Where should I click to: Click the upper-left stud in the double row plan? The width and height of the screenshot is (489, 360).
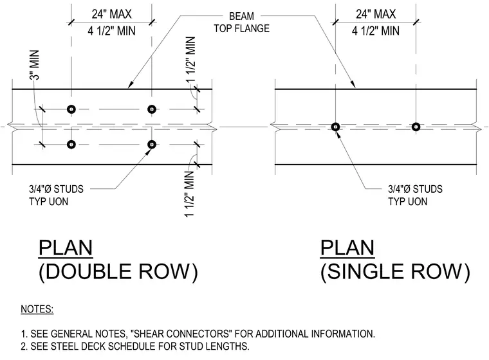(x=71, y=109)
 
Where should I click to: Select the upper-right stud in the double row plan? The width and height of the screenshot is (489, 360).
(x=152, y=109)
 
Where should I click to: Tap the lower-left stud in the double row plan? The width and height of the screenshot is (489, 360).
(x=71, y=145)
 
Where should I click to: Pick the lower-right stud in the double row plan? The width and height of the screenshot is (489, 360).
(x=152, y=145)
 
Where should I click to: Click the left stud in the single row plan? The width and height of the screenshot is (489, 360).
(x=336, y=127)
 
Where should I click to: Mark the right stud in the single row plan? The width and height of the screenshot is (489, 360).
(x=416, y=127)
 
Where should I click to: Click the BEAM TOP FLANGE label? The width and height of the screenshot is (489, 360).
(x=242, y=22)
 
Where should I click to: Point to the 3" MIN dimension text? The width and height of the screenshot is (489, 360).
(x=35, y=65)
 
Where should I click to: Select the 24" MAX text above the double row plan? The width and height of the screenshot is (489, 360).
(x=112, y=14)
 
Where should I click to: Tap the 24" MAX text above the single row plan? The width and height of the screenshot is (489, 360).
(x=376, y=14)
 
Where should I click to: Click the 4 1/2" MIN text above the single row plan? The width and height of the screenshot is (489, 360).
(x=376, y=31)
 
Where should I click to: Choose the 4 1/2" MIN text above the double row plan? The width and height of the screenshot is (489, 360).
(x=112, y=31)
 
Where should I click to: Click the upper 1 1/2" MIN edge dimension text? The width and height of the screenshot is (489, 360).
(x=190, y=59)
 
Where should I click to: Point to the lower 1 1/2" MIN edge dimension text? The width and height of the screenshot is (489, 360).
(x=190, y=194)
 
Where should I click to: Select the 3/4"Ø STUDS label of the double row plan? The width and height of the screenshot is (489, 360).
(x=57, y=189)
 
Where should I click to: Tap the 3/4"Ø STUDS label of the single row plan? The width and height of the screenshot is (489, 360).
(x=415, y=189)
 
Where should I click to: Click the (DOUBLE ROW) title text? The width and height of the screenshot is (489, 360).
(x=118, y=271)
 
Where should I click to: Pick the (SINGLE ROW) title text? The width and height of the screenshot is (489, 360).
(x=395, y=271)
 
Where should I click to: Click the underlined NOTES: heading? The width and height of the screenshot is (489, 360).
(x=37, y=309)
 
